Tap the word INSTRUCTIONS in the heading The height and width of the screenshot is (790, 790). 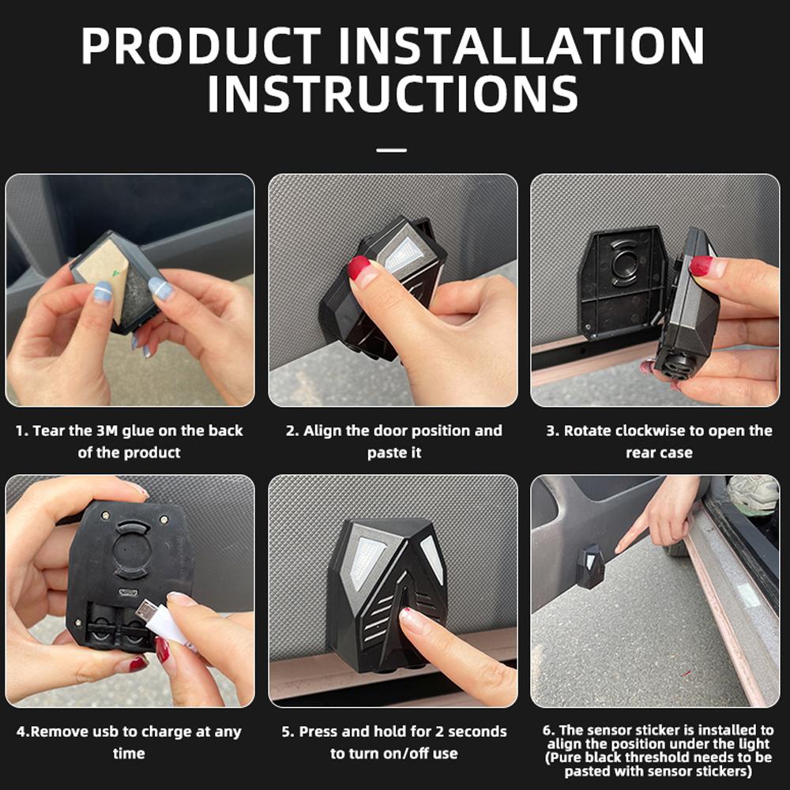pyautogui.click(x=393, y=94)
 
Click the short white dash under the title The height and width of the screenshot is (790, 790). pyautogui.click(x=392, y=150)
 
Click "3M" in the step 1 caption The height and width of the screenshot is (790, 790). pyautogui.click(x=107, y=431)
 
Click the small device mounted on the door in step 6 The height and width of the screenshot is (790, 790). pyautogui.click(x=590, y=566)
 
